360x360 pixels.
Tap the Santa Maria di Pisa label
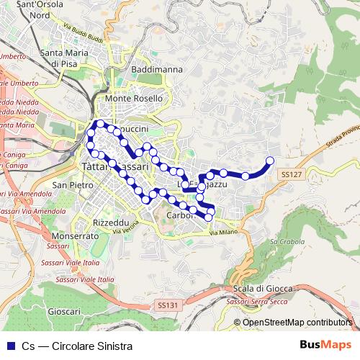(70, 57)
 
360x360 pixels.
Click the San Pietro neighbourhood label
(72, 185)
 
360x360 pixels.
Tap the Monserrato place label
(75, 236)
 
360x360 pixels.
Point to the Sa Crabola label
(283, 242)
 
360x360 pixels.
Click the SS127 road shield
(289, 174)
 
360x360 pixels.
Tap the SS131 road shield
(166, 305)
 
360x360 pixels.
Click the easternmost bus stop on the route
(271, 161)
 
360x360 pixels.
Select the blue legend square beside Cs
(9, 346)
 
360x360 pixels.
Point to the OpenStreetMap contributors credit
(293, 322)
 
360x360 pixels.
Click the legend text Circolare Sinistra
(92, 346)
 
